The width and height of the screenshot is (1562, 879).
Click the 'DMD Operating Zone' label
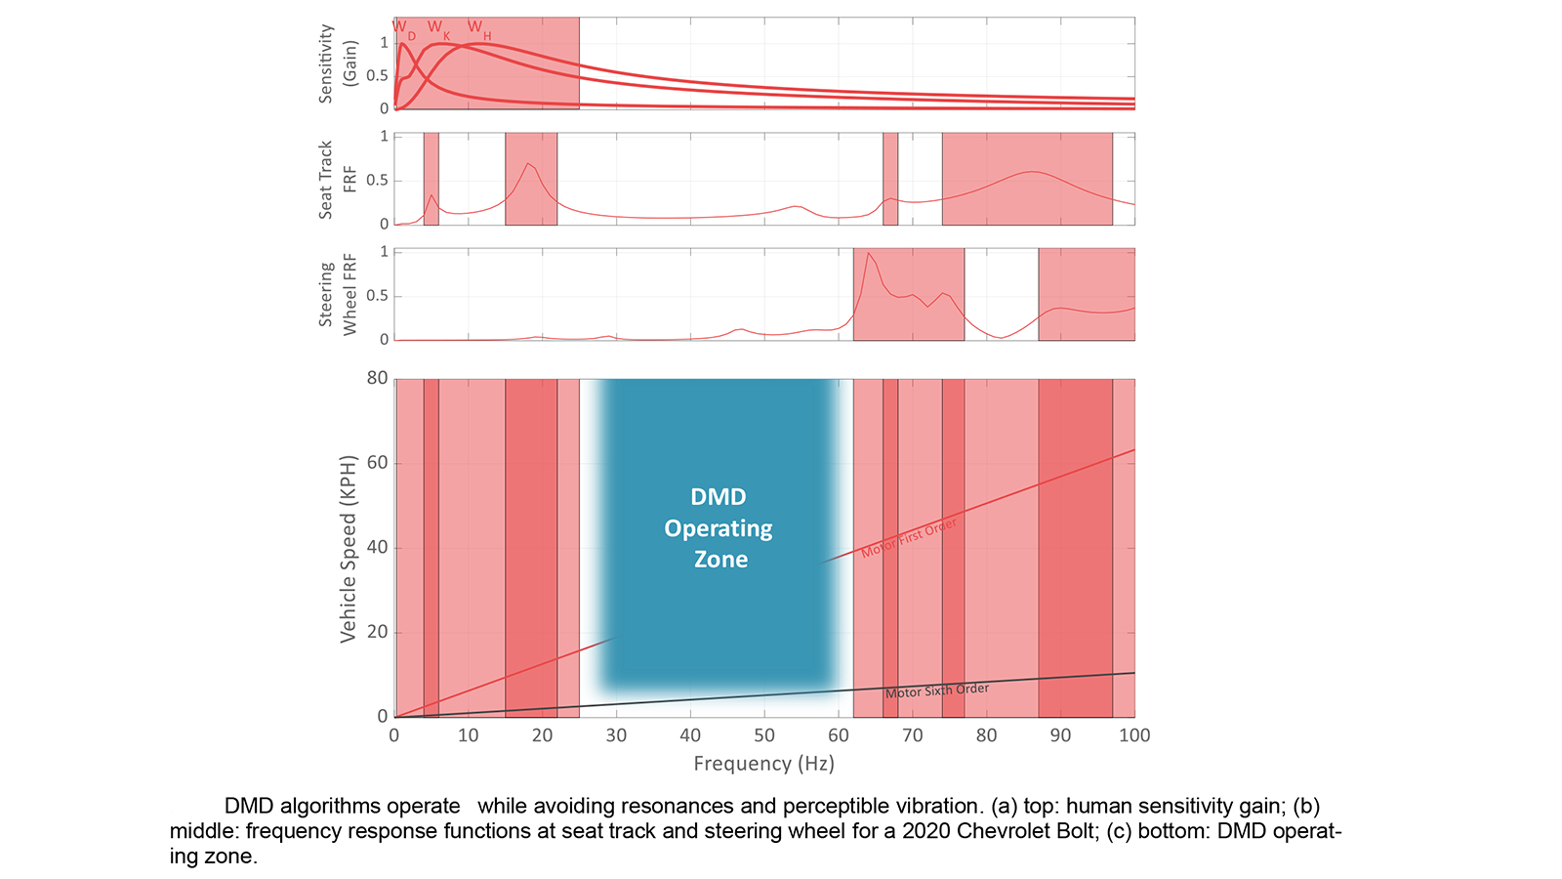[719, 528]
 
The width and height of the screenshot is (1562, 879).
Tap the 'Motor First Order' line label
[909, 538]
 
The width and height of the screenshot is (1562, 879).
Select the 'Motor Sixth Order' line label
[937, 691]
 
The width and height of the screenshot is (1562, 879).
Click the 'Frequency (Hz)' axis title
[763, 764]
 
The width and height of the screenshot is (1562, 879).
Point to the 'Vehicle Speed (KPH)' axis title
[348, 548]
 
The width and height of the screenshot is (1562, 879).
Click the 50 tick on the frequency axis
[764, 735]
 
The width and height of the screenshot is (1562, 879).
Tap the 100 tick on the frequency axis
[1134, 735]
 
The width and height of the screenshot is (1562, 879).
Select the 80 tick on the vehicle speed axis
[377, 378]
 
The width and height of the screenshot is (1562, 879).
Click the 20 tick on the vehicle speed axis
[377, 632]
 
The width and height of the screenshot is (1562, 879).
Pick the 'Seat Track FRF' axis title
[338, 180]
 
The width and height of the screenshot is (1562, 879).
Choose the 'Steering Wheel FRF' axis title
[338, 295]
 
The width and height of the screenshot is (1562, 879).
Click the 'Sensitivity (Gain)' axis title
[338, 63]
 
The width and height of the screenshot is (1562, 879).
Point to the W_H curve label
[477, 28]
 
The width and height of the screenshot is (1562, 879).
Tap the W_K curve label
[437, 28]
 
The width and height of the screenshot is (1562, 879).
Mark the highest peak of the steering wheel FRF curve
[868, 253]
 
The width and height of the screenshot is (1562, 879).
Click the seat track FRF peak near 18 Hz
[528, 163]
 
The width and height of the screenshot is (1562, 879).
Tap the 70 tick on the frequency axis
[913, 735]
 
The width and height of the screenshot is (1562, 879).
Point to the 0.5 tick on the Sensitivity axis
[377, 75]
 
